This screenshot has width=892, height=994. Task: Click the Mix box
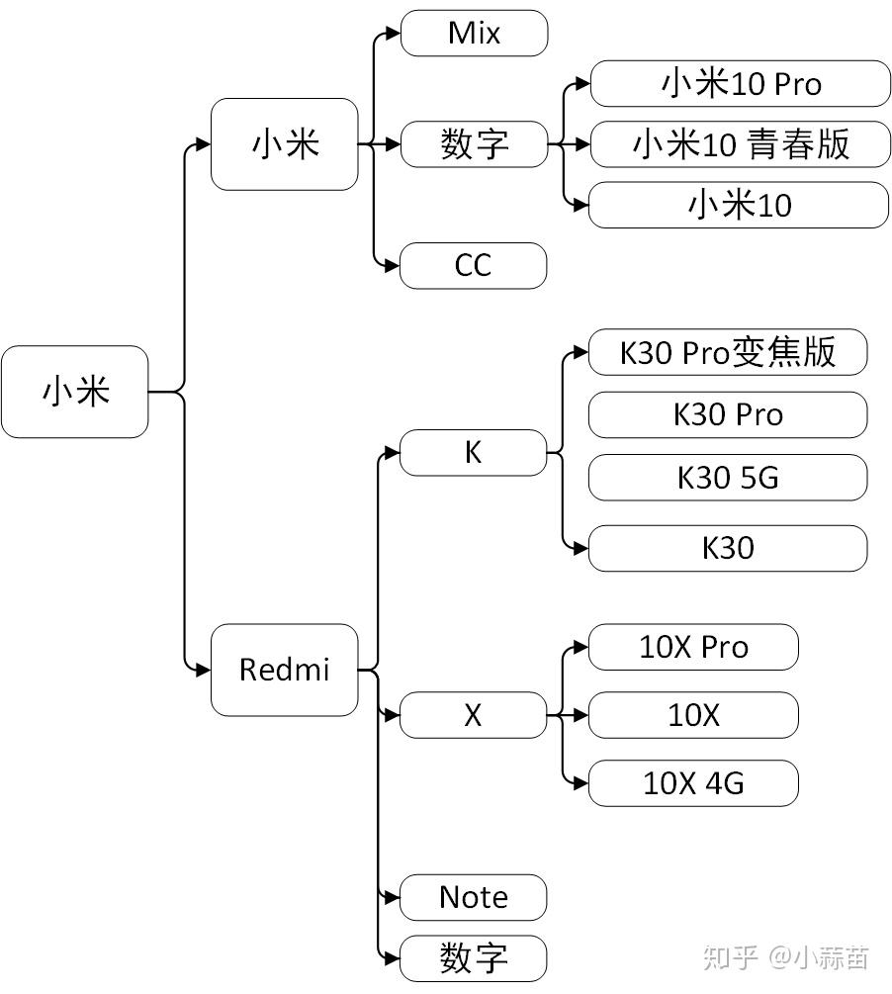(474, 34)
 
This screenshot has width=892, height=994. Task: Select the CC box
(473, 266)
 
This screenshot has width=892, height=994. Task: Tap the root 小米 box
(75, 392)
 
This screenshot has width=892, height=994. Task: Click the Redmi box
(284, 670)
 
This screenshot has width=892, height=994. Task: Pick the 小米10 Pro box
(740, 84)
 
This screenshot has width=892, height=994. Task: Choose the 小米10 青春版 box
(740, 144)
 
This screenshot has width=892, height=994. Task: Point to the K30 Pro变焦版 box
(727, 352)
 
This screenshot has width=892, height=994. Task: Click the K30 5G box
(727, 478)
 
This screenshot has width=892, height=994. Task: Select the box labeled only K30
(727, 548)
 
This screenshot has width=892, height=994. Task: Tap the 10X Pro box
(692, 647)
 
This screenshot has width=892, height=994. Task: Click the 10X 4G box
(692, 783)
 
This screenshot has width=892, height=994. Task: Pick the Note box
(473, 898)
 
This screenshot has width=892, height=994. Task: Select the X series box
(473, 715)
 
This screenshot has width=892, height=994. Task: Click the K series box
(473, 453)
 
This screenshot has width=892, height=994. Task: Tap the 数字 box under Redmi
(473, 958)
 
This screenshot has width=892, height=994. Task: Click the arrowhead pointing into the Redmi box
(203, 670)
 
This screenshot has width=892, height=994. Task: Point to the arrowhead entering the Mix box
(393, 34)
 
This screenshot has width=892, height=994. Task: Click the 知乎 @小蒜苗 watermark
(785, 956)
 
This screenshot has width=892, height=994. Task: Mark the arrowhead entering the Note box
(393, 898)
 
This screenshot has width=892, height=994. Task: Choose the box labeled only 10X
(692, 715)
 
